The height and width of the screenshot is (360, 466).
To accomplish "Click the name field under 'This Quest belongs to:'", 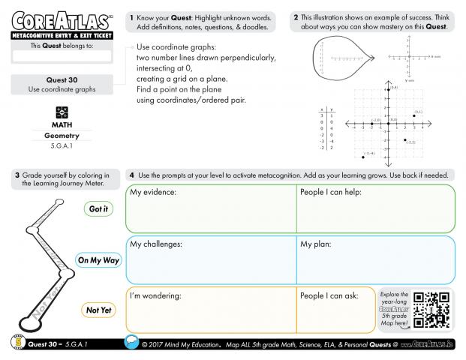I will (x=62, y=55).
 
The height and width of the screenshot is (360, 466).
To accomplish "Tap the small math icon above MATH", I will (x=62, y=110).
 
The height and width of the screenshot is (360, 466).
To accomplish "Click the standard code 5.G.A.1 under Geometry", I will (x=62, y=145).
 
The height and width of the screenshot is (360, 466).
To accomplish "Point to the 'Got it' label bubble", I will (x=98, y=208).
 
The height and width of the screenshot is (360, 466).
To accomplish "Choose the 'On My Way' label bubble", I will (x=98, y=260).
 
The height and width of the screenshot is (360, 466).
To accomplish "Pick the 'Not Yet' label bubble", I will (x=98, y=310).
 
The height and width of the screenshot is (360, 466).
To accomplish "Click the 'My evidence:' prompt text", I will (x=153, y=193).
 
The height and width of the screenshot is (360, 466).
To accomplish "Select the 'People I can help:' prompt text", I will (x=331, y=193).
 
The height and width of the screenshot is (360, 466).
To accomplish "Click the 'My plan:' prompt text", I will (x=316, y=244).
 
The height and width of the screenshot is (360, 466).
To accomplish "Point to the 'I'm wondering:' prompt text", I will (x=156, y=295).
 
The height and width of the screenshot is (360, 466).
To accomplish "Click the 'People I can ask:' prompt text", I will (x=329, y=295).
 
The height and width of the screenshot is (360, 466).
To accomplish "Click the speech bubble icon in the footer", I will (x=131, y=343).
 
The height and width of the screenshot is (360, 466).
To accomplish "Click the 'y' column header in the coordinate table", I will (x=331, y=110).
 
